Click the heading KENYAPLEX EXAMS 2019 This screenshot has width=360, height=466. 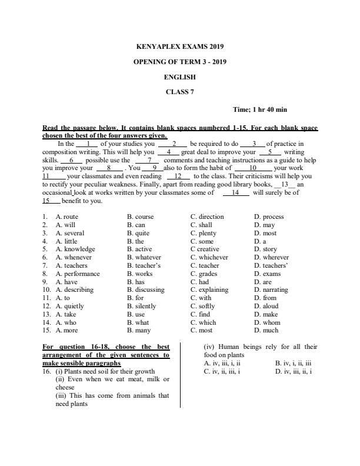coord(180,46)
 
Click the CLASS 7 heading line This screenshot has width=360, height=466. coord(180,91)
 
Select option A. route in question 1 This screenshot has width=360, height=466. coord(66,217)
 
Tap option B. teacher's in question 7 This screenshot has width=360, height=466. coord(144,265)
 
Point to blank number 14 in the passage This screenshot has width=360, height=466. coord(236,192)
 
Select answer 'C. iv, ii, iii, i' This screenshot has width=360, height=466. coord(222,371)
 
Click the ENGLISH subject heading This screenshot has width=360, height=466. coord(180,76)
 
